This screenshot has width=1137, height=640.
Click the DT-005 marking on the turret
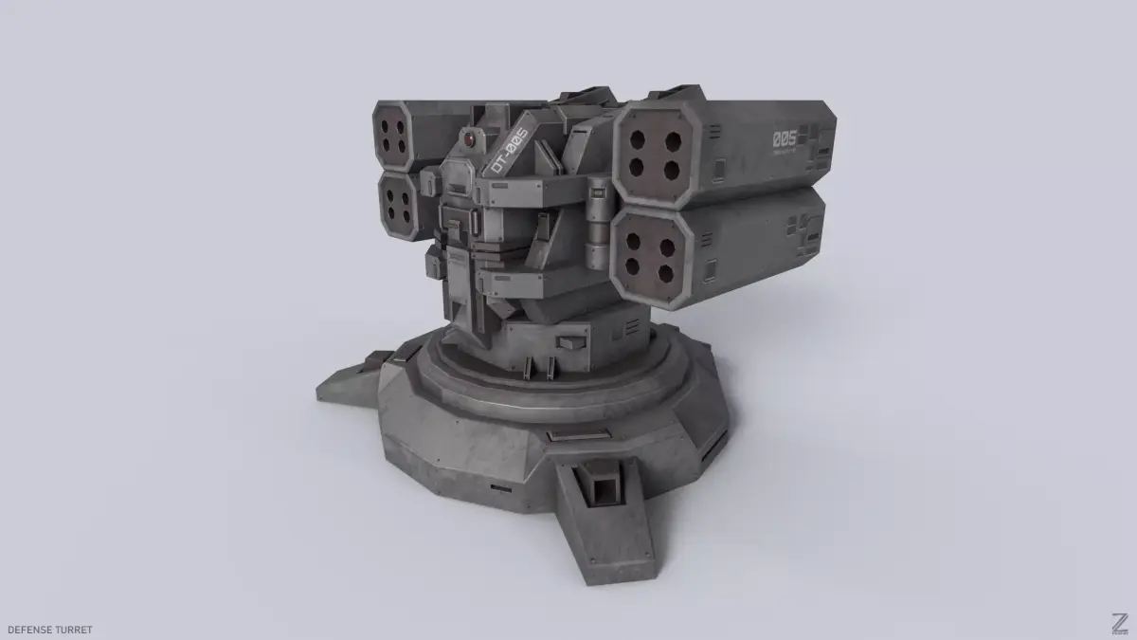coord(507,151)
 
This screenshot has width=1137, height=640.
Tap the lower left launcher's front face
coord(397,203)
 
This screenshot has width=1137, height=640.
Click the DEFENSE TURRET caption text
coord(48,629)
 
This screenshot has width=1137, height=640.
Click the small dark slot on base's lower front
coord(496,487)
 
